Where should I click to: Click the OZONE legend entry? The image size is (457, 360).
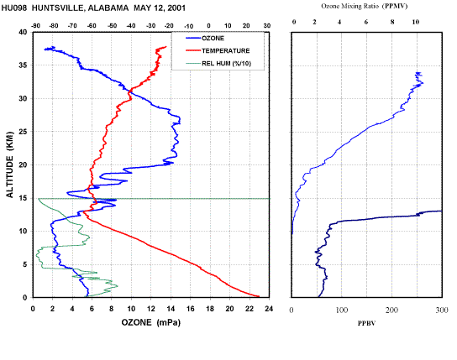(205, 38)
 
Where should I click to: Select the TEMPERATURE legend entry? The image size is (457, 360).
(218, 50)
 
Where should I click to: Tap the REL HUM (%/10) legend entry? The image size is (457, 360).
(218, 63)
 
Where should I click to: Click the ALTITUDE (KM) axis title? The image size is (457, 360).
(10, 164)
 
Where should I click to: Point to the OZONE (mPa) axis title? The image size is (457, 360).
(151, 322)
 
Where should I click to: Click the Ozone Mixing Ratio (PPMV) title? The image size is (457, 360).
(364, 6)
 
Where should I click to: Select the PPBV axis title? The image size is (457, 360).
(366, 323)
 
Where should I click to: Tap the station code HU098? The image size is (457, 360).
(14, 8)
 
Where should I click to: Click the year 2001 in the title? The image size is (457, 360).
(176, 8)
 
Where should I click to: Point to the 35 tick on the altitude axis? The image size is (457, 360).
(23, 65)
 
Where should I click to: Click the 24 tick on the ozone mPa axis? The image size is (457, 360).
(269, 309)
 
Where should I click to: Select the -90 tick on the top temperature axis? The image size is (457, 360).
(35, 26)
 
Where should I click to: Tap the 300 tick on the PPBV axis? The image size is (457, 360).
(442, 310)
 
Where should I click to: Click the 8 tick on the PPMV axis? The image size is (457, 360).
(392, 22)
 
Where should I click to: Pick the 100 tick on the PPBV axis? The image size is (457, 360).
(342, 310)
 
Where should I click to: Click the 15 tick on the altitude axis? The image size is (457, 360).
(23, 198)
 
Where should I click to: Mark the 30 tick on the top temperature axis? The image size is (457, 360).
(266, 26)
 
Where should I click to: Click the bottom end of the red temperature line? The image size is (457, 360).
(259, 296)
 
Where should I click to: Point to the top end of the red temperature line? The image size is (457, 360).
(165, 46)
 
